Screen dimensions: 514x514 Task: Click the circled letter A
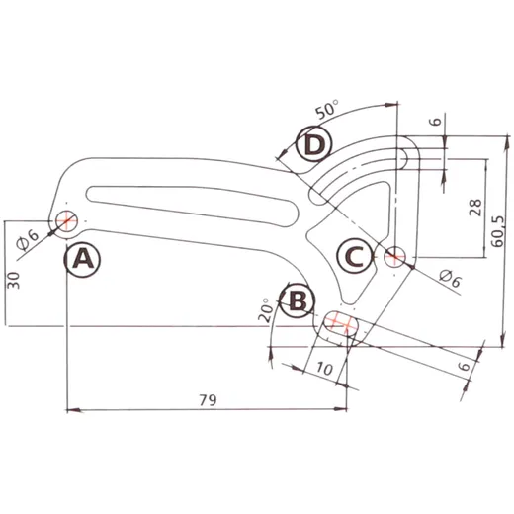tap(82, 260)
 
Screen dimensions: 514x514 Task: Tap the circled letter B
tap(298, 300)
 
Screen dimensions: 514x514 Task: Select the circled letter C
tap(355, 256)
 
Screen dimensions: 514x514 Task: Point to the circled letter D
tap(313, 144)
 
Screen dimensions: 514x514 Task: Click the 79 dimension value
tap(209, 400)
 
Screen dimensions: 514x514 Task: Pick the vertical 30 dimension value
tap(14, 280)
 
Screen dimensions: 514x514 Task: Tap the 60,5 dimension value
tap(497, 231)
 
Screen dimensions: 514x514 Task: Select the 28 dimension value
tap(475, 208)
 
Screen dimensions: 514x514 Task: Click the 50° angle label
tap(327, 110)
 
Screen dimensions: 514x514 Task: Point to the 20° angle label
tap(266, 310)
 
